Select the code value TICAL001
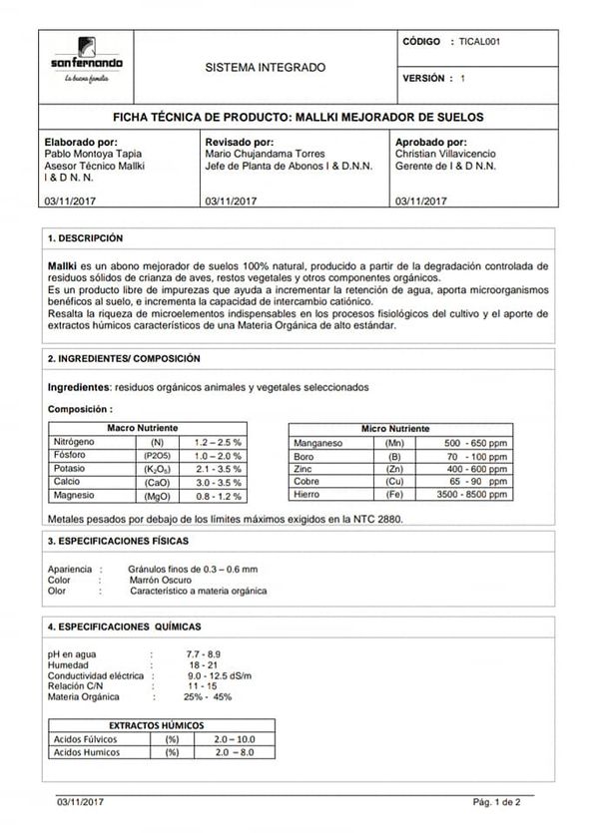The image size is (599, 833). pyautogui.click(x=480, y=44)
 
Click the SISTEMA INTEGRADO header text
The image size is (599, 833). pyautogui.click(x=265, y=68)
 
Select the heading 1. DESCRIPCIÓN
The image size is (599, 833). pyautogui.click(x=86, y=239)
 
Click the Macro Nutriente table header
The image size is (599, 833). pyautogui.click(x=142, y=427)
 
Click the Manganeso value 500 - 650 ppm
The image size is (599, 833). pyautogui.click(x=476, y=442)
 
